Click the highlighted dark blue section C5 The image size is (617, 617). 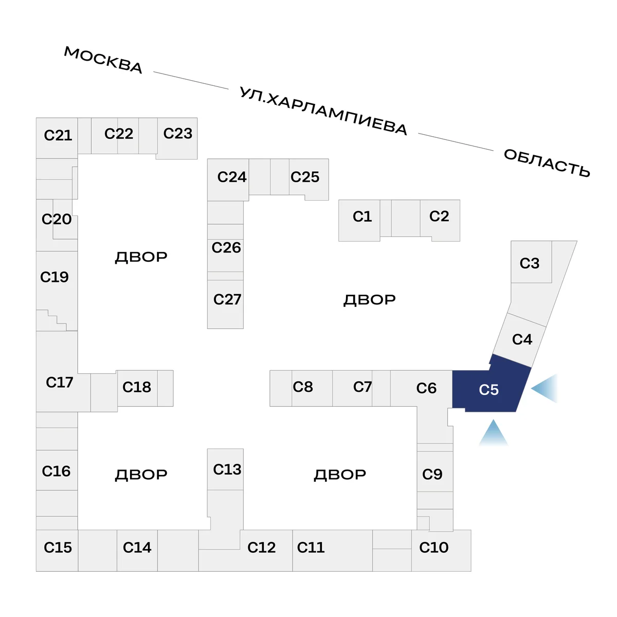click(x=489, y=390)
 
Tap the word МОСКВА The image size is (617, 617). click(x=103, y=60)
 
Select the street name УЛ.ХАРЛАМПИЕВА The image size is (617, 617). click(x=323, y=111)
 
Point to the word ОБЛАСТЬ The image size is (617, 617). click(x=547, y=162)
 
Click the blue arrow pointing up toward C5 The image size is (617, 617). click(x=494, y=433)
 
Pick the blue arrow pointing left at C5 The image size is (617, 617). click(x=545, y=388)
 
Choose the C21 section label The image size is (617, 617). click(x=58, y=135)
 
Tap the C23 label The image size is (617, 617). click(x=177, y=134)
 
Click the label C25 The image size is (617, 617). click(x=305, y=177)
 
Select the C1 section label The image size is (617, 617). click(x=362, y=216)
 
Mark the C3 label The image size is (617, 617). click(x=529, y=263)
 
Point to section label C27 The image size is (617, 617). click(x=227, y=299)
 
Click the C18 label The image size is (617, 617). click(x=136, y=387)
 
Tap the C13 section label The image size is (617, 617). click(x=227, y=469)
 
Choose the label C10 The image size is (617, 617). click(x=433, y=548)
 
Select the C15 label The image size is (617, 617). click(x=58, y=548)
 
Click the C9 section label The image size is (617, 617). click(x=432, y=474)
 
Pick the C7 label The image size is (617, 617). click(x=362, y=387)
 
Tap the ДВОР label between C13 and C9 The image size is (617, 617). click(x=340, y=475)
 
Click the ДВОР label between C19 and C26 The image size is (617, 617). click(x=141, y=257)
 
